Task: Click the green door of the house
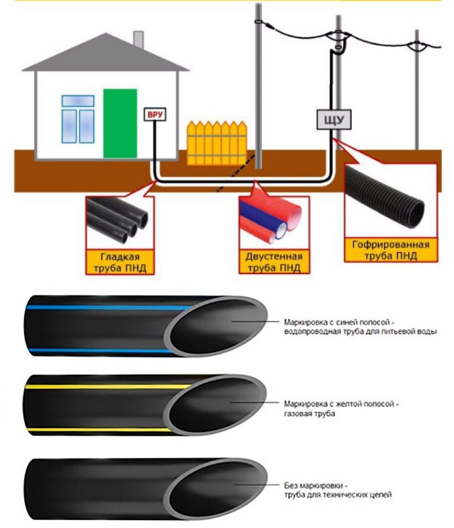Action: (x=121, y=123)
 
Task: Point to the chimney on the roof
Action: (x=138, y=38)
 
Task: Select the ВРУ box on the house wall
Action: (x=154, y=114)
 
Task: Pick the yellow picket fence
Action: (x=216, y=142)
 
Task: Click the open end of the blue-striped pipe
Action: (x=214, y=325)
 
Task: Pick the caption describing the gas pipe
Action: (x=342, y=409)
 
